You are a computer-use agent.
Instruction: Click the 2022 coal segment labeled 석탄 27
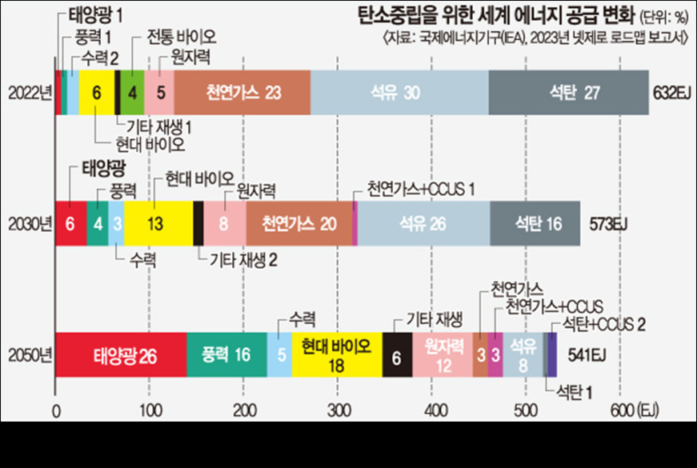click(568, 92)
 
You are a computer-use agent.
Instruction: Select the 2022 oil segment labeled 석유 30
click(399, 92)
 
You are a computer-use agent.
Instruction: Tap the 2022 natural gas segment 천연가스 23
click(242, 92)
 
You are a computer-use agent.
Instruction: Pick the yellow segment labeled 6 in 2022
click(97, 92)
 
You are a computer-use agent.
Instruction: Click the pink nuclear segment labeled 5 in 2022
click(160, 92)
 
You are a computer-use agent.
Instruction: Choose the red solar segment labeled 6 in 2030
click(70, 223)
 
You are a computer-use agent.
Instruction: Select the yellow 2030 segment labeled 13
click(158, 223)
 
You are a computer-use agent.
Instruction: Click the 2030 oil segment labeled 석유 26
click(423, 223)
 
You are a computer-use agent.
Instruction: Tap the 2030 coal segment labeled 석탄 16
click(535, 223)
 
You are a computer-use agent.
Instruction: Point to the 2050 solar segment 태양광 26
click(121, 354)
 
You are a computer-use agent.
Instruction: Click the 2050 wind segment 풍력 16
click(226, 354)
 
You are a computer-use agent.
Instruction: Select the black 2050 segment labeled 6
click(397, 354)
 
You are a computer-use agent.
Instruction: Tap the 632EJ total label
click(672, 92)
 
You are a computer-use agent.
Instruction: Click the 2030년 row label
click(29, 223)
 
